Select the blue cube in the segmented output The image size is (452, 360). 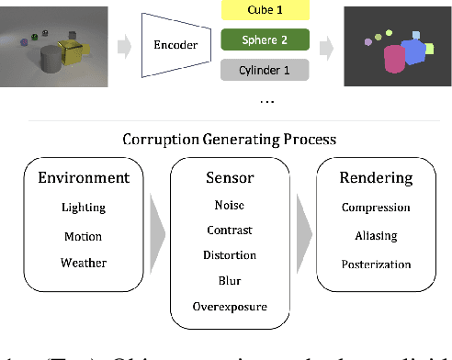413,51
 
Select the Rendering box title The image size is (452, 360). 375,178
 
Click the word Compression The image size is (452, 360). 375,208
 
